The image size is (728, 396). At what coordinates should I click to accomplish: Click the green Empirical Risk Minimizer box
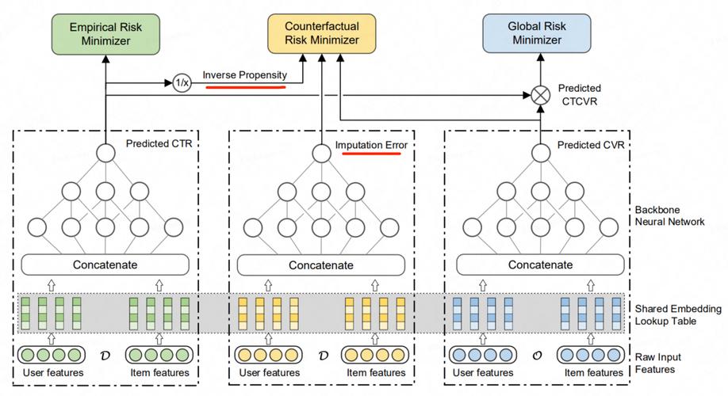point(105,32)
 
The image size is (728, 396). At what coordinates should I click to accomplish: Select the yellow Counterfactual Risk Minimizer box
point(322,32)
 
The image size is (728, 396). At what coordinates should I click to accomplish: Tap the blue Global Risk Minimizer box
point(537,32)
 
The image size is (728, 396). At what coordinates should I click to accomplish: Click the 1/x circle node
point(182,82)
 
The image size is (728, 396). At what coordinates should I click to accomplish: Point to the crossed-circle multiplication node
point(540,95)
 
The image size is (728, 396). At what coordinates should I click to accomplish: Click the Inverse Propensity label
point(243,75)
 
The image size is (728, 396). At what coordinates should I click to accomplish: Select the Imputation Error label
point(370,145)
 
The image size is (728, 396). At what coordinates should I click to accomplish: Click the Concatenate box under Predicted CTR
point(105,265)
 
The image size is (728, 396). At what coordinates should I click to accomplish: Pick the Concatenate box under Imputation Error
point(321,265)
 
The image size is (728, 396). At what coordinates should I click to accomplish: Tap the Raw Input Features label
point(658,364)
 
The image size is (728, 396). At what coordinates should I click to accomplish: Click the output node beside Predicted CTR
point(105,153)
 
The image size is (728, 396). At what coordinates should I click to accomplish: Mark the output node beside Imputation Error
point(321,153)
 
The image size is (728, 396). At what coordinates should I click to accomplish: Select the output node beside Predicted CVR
point(540,153)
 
